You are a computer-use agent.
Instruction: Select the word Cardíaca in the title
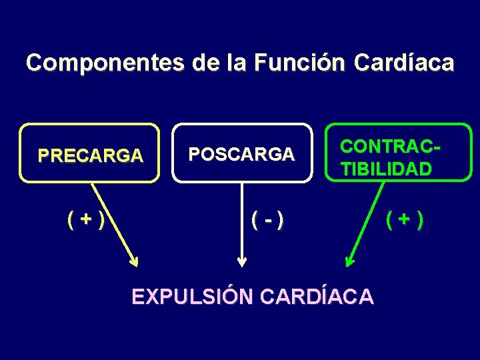[404, 63]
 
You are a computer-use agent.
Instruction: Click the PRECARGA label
[90, 155]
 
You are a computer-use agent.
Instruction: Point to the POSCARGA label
[241, 155]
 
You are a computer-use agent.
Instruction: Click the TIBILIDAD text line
[386, 169]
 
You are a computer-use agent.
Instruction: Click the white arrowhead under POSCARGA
[242, 261]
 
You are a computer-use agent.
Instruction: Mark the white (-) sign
[267, 217]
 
